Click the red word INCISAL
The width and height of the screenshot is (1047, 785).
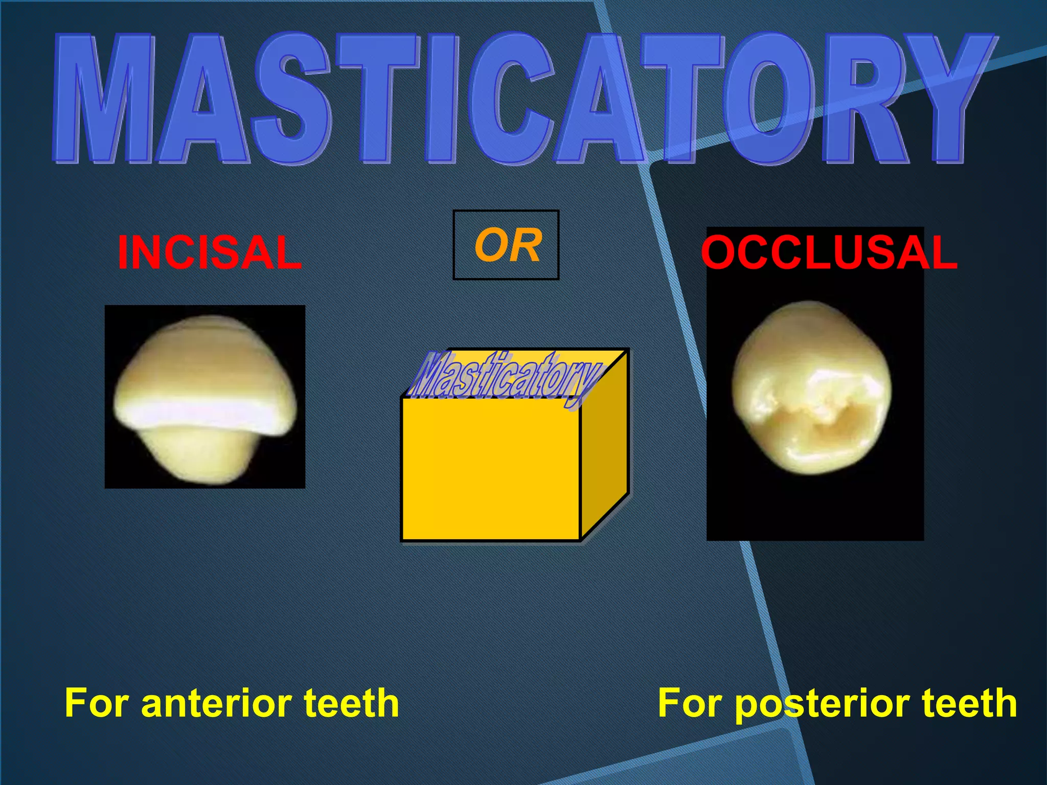(x=210, y=252)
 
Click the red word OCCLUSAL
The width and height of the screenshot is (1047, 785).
(x=829, y=252)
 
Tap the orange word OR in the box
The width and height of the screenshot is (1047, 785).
(x=507, y=246)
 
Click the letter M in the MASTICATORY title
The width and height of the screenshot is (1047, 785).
(x=105, y=100)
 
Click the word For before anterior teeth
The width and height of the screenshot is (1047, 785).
(x=98, y=703)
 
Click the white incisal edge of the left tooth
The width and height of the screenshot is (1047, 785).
(x=204, y=412)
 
